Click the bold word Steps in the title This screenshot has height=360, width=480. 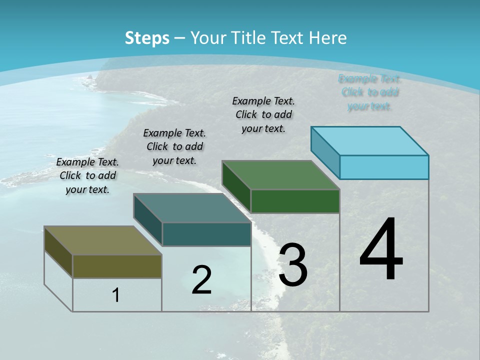coord(147,38)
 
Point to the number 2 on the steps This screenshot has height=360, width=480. coord(201,279)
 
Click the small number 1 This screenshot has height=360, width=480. coord(116,295)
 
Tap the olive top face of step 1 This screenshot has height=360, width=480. coord(102,240)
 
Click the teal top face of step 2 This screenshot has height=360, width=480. coord(192,208)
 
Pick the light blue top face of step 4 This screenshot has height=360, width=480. coord(370,140)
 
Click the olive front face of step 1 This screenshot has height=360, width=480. coord(117,266)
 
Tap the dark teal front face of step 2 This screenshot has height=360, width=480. coord(206,234)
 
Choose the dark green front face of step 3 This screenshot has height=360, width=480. coord(295,201)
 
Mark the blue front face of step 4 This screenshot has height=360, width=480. coord(384,167)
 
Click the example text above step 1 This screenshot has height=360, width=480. coord(87,175)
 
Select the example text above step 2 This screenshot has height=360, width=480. coord(174,146)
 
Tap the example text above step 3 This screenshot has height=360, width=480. coord(263,114)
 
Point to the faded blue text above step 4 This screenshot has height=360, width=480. coord(369,92)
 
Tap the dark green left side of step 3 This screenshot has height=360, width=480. coord(236,186)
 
